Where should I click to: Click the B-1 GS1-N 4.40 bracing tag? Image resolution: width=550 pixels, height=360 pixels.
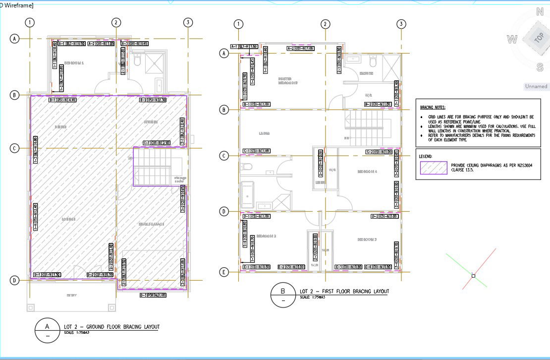point(62,100)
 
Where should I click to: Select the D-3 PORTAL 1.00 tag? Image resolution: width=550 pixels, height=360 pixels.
point(153,295)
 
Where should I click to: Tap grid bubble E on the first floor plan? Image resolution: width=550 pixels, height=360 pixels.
point(224,272)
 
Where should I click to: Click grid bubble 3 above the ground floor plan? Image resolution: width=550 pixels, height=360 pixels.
point(188,22)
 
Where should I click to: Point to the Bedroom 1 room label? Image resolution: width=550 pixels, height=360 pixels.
point(74,63)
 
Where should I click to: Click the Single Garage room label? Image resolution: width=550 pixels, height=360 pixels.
point(151,224)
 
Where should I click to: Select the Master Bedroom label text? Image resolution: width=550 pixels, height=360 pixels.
point(288,80)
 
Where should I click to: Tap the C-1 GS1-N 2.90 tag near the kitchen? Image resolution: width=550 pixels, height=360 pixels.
point(156,143)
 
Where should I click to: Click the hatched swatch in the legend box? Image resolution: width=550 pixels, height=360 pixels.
point(433,168)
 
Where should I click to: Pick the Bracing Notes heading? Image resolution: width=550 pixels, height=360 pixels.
point(433,107)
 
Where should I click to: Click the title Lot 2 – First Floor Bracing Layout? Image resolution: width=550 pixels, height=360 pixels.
point(344,291)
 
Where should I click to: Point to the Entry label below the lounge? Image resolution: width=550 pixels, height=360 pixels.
point(72,296)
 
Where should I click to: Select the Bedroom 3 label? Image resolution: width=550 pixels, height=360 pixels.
point(367,240)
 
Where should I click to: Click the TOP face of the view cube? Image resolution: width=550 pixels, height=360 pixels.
point(539,38)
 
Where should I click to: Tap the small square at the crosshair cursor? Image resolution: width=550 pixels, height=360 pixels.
point(473,276)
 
